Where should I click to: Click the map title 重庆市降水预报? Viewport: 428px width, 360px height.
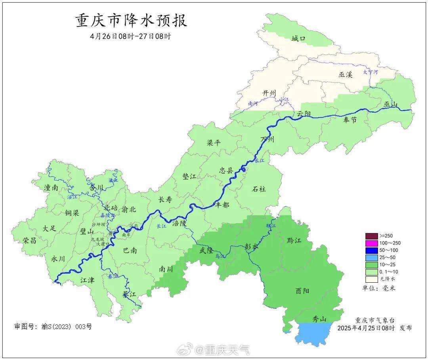tap(131, 21)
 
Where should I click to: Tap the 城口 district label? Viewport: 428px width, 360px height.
tap(298, 38)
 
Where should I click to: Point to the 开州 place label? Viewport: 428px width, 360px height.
tap(269, 93)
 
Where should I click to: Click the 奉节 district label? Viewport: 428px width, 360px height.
tap(350, 120)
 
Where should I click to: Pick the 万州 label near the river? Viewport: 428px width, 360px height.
tap(267, 140)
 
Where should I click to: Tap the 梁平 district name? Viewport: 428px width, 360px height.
tap(214, 143)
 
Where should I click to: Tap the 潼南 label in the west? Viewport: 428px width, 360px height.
tap(51, 188)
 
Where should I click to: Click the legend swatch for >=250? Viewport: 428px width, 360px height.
tap(371, 236)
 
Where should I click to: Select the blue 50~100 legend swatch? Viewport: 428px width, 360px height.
tap(371, 250)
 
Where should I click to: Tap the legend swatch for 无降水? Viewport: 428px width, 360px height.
tap(371, 279)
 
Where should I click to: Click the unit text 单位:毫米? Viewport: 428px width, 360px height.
tap(378, 288)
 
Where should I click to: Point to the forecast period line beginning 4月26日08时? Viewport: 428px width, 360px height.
tap(130, 36)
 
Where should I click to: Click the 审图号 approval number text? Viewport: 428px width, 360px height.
tap(53, 327)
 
